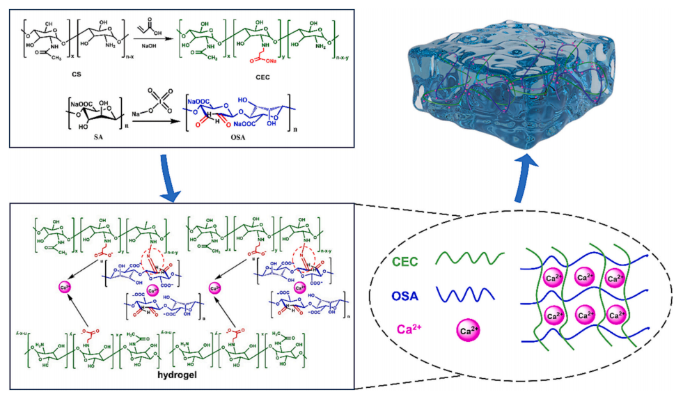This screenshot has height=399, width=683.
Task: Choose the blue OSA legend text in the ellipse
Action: pyautogui.click(x=405, y=296)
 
